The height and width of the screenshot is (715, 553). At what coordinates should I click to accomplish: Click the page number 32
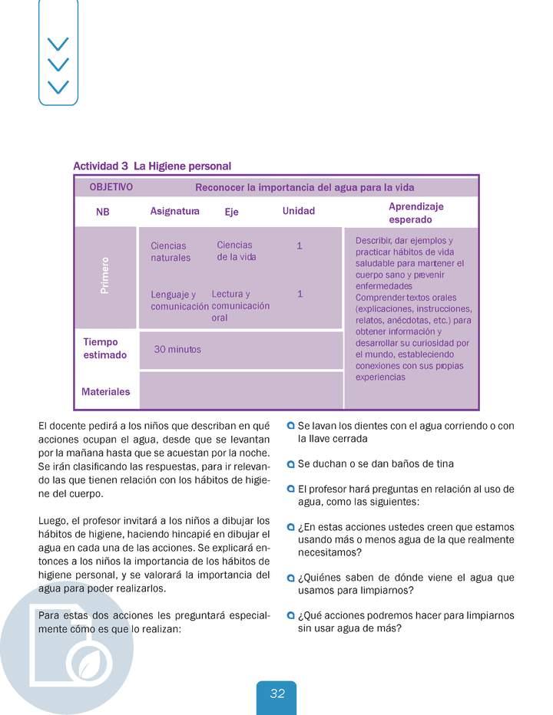277,694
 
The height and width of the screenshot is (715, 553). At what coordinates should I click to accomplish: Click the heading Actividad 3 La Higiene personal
152,166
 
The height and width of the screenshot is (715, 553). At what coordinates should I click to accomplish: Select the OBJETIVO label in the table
111,186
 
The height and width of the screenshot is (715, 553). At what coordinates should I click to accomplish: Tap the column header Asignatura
174,211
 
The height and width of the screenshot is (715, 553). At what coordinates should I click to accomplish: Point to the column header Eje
231,212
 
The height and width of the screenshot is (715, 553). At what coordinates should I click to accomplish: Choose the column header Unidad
298,211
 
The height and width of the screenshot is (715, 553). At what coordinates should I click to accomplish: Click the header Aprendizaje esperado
416,213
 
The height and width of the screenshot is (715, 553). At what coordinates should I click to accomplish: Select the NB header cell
103,213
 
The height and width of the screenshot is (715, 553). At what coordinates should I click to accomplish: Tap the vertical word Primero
104,275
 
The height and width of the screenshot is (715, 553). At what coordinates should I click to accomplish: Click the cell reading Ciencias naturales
171,252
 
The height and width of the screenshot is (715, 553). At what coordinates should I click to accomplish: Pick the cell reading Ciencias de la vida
236,251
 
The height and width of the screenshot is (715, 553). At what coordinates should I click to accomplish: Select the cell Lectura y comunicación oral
240,305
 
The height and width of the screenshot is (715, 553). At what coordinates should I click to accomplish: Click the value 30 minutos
177,349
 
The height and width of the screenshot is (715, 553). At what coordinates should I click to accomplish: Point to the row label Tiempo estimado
104,348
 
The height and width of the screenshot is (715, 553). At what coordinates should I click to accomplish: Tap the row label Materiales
106,391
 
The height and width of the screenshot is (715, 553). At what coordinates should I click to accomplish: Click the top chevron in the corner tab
58,44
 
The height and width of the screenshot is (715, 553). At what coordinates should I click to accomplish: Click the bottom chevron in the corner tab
58,87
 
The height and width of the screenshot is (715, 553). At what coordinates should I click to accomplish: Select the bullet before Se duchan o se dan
290,464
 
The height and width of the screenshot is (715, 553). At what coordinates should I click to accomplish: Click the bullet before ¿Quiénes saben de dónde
290,578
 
